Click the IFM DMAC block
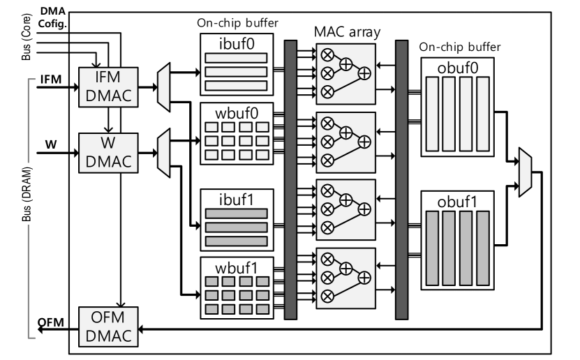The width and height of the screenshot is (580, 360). (x=108, y=87)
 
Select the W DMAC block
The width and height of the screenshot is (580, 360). (x=108, y=153)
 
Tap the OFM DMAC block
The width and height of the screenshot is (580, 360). (x=108, y=327)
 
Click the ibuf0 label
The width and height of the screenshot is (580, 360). (x=237, y=44)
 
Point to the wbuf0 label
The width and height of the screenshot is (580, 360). (x=237, y=113)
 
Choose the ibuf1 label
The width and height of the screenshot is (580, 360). (x=237, y=200)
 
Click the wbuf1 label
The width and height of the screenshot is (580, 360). (x=237, y=268)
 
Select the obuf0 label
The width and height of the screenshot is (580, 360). (x=458, y=68)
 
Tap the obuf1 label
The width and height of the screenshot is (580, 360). (x=458, y=202)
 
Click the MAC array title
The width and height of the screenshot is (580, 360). (x=347, y=32)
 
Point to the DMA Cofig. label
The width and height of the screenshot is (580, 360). (x=52, y=17)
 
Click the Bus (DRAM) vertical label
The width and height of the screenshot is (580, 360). (x=27, y=195)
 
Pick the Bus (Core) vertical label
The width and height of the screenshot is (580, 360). (x=27, y=37)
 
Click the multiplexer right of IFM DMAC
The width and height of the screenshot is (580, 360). (x=163, y=87)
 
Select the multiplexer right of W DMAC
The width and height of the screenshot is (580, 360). (x=163, y=153)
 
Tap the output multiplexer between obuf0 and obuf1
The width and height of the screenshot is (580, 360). (x=526, y=172)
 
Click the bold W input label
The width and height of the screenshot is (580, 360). (x=51, y=144)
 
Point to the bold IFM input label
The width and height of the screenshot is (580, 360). (x=51, y=80)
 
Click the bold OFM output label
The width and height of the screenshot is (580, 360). (x=51, y=322)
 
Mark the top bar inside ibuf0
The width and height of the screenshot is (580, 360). (x=236, y=58)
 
